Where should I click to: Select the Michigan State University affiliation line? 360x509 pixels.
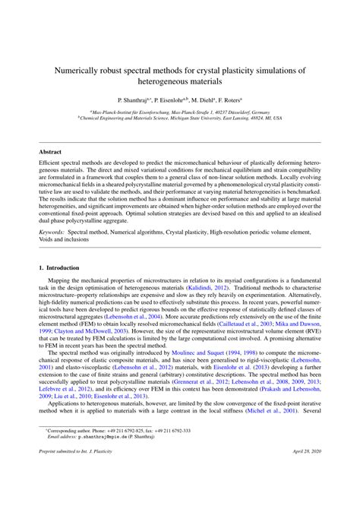180,119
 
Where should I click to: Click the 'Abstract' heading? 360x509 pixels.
51,152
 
